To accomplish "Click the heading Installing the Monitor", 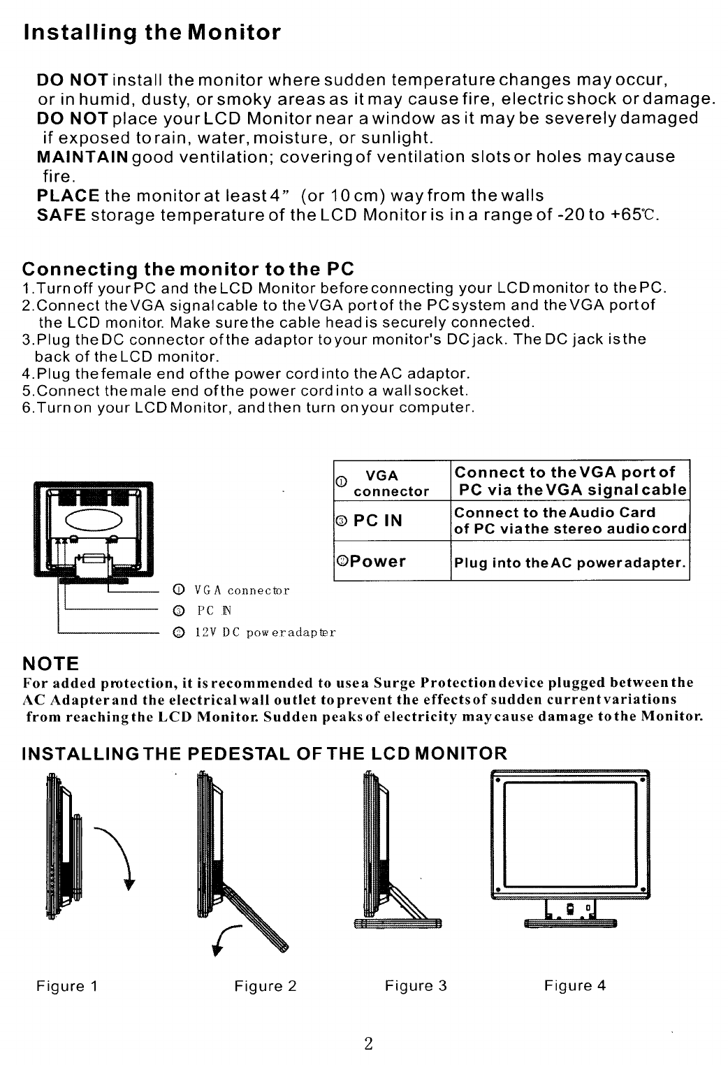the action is [152, 33].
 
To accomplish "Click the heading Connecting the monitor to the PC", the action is [189, 269].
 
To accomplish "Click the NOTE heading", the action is [51, 662].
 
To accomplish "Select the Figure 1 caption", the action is [67, 986].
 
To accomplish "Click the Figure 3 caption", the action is [416, 986].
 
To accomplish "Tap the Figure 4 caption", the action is [575, 986].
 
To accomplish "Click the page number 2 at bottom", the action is [368, 1044].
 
